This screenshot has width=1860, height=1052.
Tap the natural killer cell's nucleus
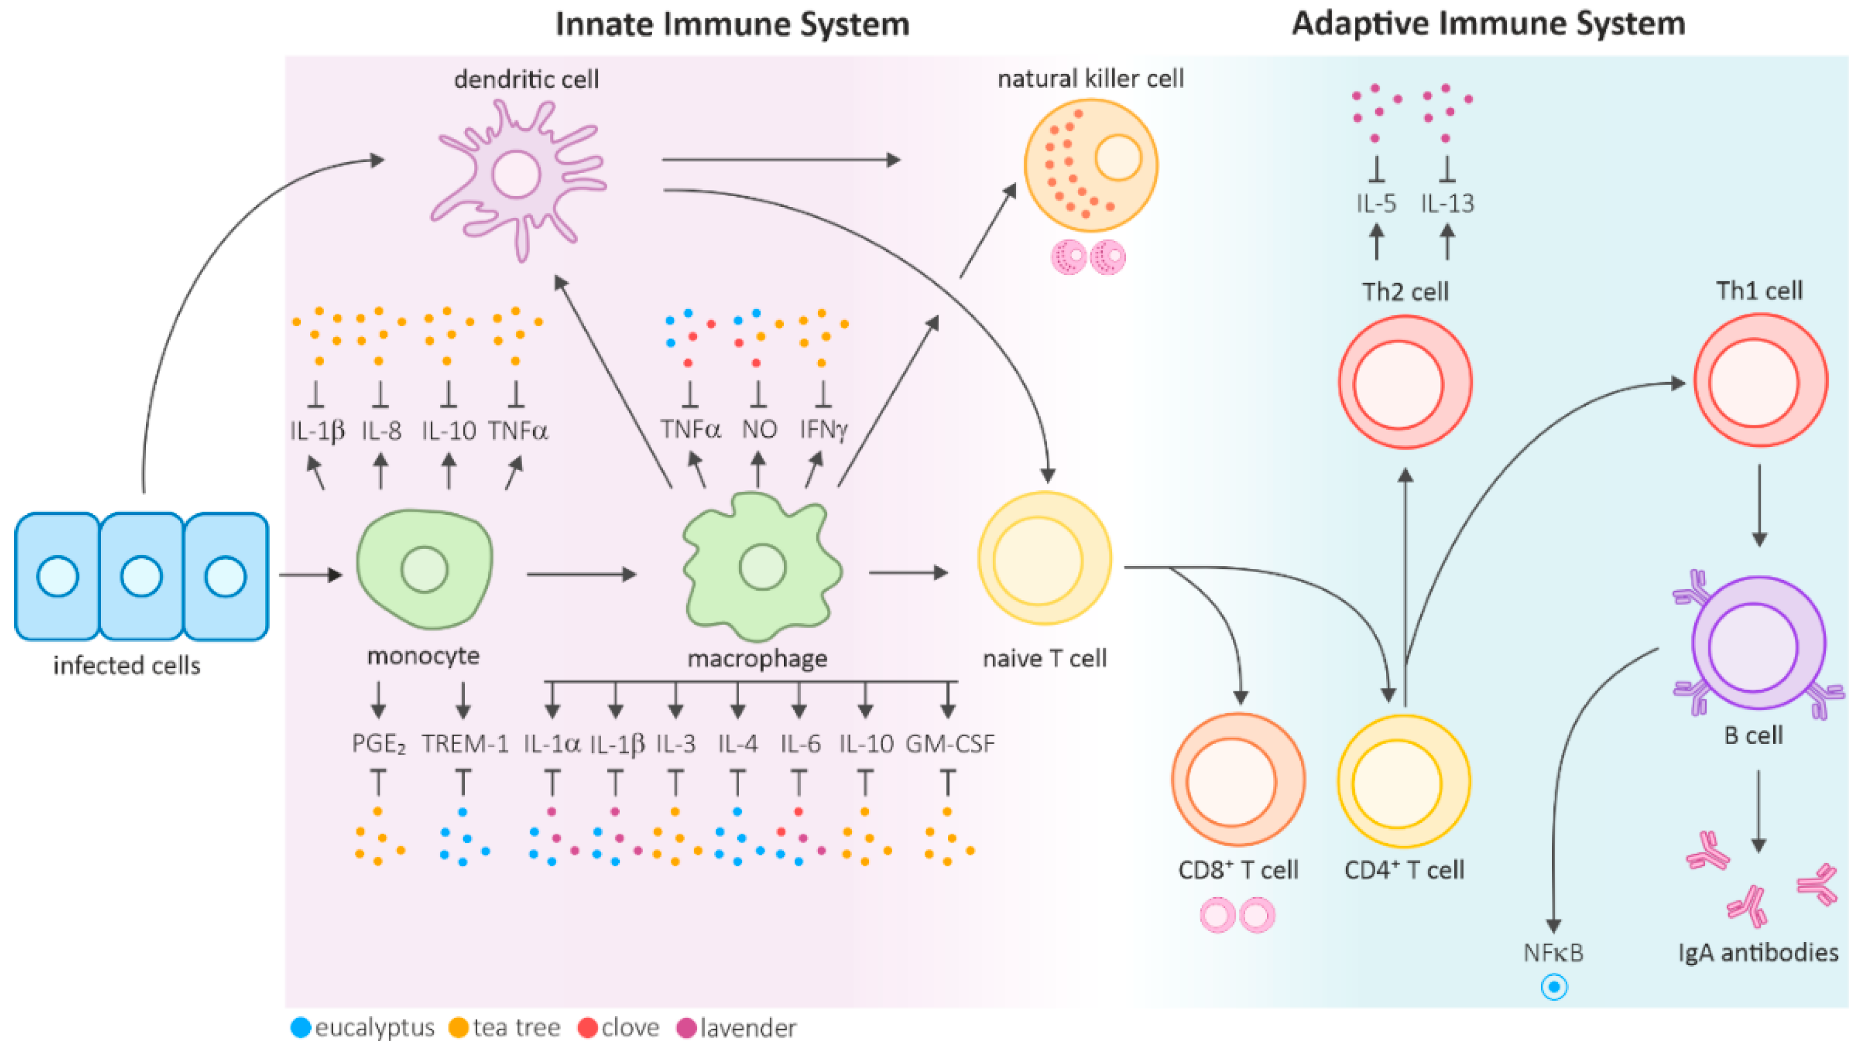coord(1118,158)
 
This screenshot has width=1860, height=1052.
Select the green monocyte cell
coord(425,569)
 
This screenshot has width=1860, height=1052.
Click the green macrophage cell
coord(761,567)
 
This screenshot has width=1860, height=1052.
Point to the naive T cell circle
coord(1044,559)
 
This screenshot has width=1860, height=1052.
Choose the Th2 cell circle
coord(1405,382)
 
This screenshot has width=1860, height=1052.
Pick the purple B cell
coord(1758,643)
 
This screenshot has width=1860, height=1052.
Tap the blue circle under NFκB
coord(1554,987)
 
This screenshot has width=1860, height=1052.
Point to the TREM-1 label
coord(465,743)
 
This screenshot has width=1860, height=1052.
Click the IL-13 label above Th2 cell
coord(1446,204)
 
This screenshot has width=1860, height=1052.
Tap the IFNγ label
coord(824,430)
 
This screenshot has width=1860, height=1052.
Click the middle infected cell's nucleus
coord(141,576)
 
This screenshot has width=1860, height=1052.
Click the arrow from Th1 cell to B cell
coord(1760,506)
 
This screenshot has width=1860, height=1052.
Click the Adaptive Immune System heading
coord(1488,23)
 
